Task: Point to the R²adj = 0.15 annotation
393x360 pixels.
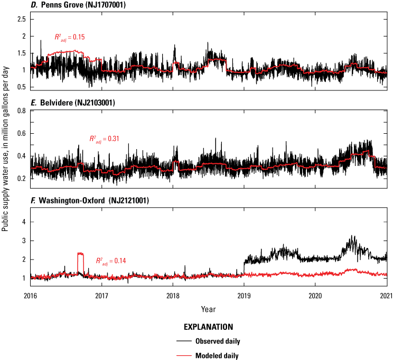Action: [70, 37]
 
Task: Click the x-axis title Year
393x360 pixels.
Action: [208, 308]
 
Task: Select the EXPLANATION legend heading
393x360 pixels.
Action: [209, 327]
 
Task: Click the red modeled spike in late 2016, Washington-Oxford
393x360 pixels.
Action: [80, 254]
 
